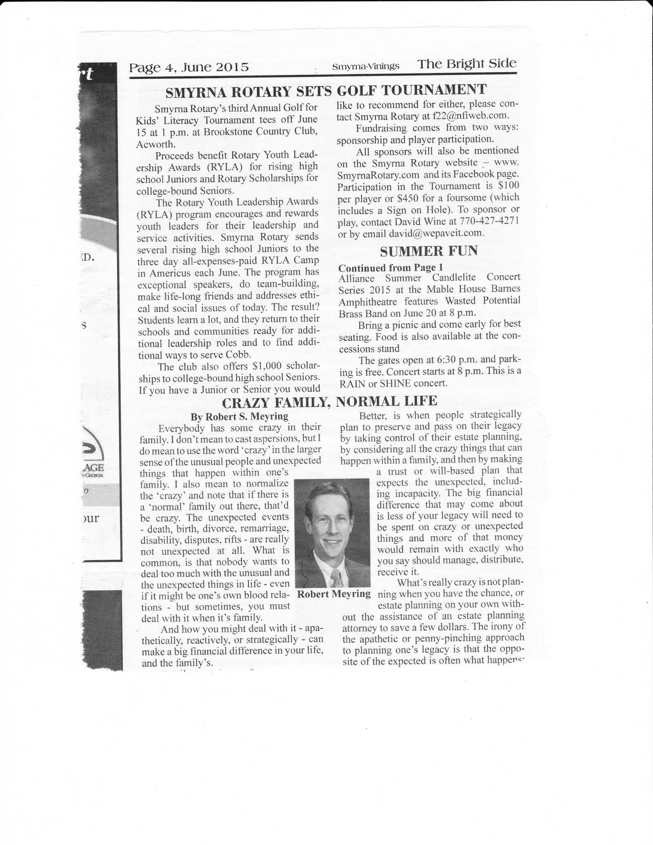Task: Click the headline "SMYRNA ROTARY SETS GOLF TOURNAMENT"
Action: pyautogui.click(x=326, y=91)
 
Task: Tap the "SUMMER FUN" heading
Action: pyautogui.click(x=429, y=251)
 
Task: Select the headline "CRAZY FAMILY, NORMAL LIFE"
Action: pyautogui.click(x=329, y=402)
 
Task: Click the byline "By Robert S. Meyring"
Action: pyautogui.click(x=239, y=417)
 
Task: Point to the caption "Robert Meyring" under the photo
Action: pyautogui.click(x=333, y=594)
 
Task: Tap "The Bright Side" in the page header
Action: pyautogui.click(x=466, y=64)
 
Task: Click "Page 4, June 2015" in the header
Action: pyautogui.click(x=189, y=67)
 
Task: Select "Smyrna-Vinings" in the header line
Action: pyautogui.click(x=366, y=66)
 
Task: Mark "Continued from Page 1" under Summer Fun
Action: pyautogui.click(x=391, y=268)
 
